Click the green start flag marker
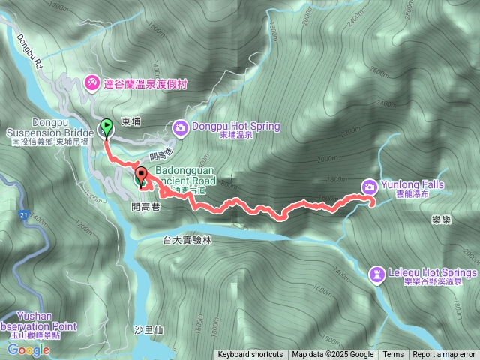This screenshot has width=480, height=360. tap(106, 128)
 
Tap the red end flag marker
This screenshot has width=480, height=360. tap(141, 178)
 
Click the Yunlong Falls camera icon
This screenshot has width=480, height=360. tap(370, 186)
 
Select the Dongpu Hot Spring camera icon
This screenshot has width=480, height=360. tap(181, 127)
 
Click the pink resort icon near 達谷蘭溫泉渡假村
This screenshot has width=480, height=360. tap(91, 80)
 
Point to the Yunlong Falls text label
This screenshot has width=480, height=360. tap(412, 185)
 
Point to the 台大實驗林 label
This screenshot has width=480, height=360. tap(188, 240)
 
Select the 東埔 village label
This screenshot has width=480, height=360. tap(130, 121)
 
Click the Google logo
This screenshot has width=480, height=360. tap(28, 349)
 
